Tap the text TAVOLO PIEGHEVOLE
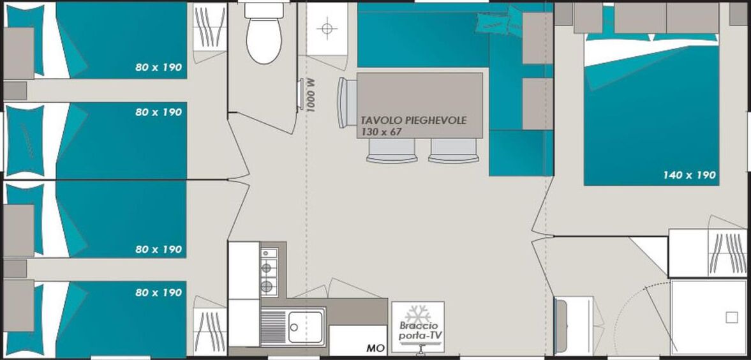[x=413, y=120]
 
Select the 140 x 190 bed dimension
[x=690, y=176]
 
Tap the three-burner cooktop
[x=269, y=271]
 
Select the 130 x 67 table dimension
[x=382, y=131]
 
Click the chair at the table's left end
[x=347, y=103]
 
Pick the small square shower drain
[x=731, y=317]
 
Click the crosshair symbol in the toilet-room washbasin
[x=327, y=28]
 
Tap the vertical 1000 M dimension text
[x=311, y=95]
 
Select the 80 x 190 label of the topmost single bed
[x=158, y=68]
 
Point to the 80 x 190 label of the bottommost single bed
[x=158, y=292]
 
